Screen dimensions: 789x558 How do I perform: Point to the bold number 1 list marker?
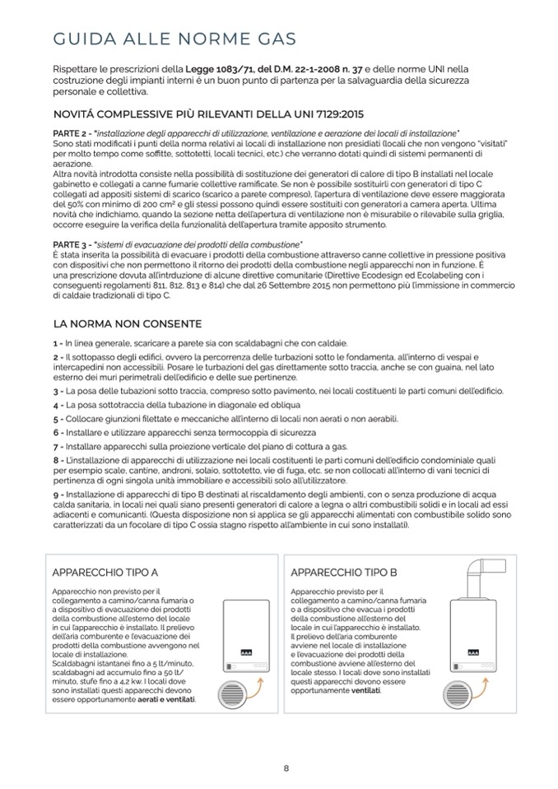coord(55,343)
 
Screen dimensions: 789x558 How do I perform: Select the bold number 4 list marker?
coord(55,405)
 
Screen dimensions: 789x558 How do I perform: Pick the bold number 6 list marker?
coord(55,432)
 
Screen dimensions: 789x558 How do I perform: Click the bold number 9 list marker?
coord(55,494)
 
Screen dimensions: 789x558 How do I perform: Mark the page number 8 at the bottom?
coord(286,768)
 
